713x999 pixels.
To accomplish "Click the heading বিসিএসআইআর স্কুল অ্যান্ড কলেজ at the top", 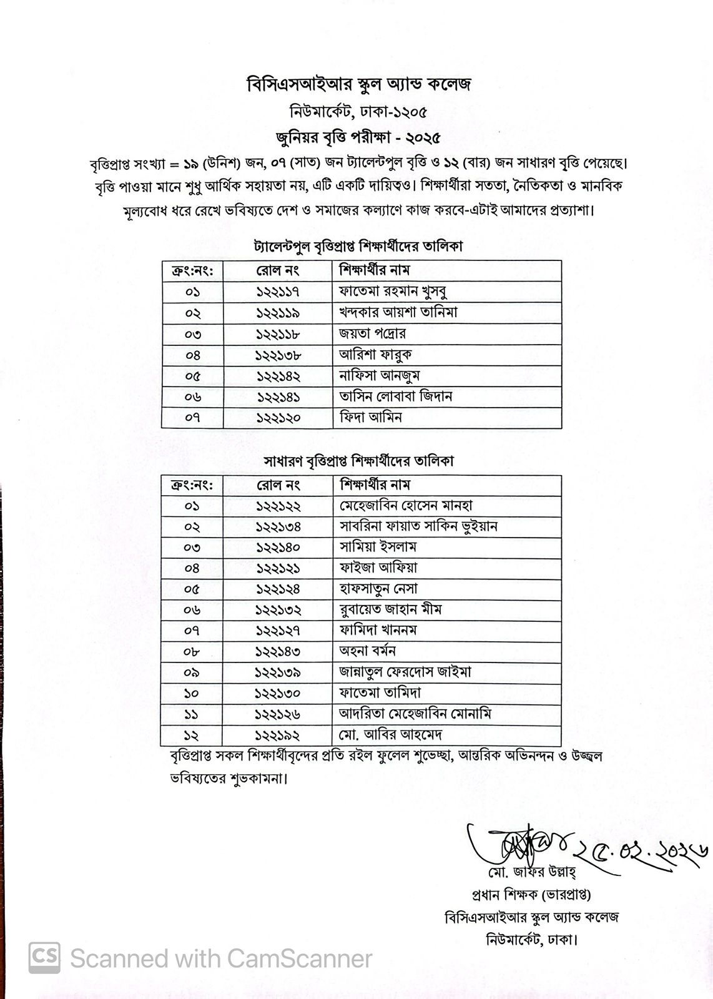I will coord(358,84).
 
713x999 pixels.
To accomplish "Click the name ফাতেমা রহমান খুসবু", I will coord(393,292).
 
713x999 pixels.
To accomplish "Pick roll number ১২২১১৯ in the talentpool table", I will coord(278,313).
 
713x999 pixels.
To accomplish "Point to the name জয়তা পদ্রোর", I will coord(372,333).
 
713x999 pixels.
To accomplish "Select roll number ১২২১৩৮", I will coord(278,355).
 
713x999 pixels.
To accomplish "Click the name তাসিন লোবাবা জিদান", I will coord(395,396).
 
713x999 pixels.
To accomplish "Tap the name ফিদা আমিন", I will coord(370,417).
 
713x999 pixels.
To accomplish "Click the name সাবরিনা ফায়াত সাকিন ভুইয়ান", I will coord(418,526).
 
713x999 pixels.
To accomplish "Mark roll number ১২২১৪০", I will coord(278,548).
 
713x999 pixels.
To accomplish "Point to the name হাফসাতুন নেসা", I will coord(378,589).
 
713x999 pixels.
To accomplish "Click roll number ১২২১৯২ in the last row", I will coord(278,735).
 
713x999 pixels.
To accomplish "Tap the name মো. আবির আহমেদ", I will coord(391,735).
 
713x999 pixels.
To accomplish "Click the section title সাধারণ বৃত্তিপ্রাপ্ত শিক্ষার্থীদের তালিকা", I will coord(358,461).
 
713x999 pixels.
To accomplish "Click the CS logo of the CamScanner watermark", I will coord(44,958).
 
